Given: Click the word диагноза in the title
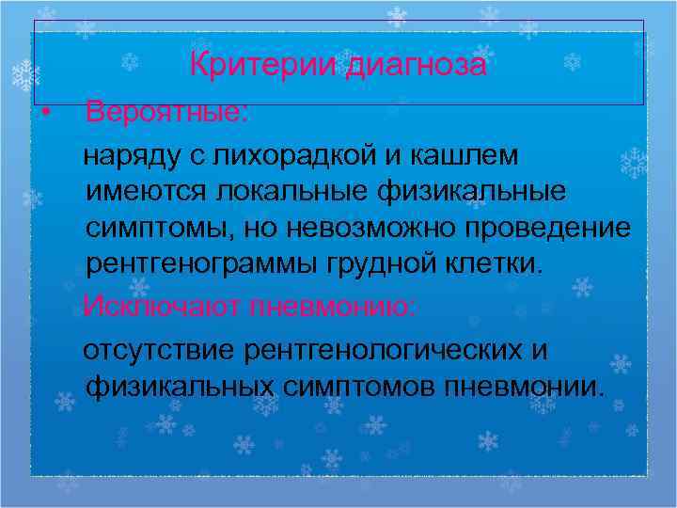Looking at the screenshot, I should coord(416,66).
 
